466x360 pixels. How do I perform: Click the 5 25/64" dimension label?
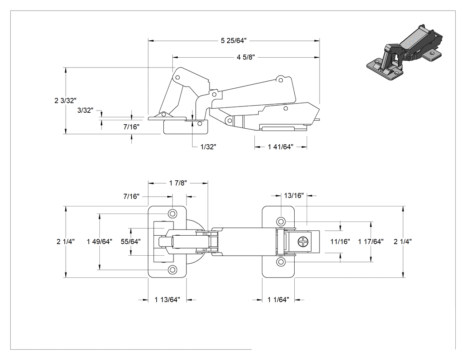pos(233,40)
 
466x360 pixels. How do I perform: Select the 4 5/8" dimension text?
pos(246,57)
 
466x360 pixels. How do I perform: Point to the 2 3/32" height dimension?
pos(66,100)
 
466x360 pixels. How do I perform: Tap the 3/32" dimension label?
pos(85,110)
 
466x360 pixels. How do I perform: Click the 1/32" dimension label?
pos(208,146)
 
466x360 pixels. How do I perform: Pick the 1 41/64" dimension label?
pos(280,146)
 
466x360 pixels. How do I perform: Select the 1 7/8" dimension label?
pos(178,183)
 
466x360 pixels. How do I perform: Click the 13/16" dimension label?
pos(294,195)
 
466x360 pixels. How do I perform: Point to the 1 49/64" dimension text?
pos(99,241)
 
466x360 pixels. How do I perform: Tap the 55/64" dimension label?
pos(130,241)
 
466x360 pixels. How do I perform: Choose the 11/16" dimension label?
pos(340,241)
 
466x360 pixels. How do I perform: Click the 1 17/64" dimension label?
pos(371,241)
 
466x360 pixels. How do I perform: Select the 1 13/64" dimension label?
pos(167,299)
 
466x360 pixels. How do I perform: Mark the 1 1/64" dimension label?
pos(278,299)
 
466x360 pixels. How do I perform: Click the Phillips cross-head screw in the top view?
pos(304,241)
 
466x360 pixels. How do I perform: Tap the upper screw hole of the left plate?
pos(172,214)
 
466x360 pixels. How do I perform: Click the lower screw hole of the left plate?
pos(172,269)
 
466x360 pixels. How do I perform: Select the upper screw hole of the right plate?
pos(281,222)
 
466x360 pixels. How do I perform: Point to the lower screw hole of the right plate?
pos(281,262)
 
